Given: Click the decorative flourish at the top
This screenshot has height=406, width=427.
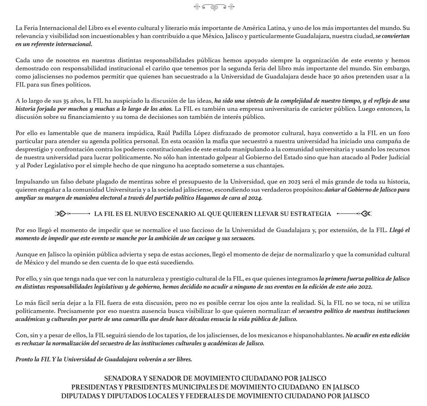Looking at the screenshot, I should click(214, 6).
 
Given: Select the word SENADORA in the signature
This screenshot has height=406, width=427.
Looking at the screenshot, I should click(120, 378).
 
